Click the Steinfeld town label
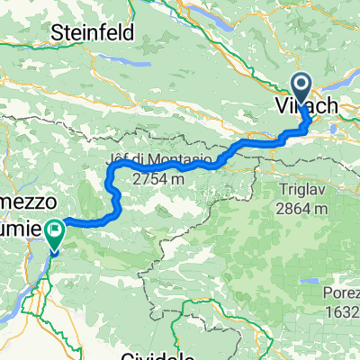point(93,33)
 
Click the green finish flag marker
point(55,232)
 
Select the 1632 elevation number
point(343,311)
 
